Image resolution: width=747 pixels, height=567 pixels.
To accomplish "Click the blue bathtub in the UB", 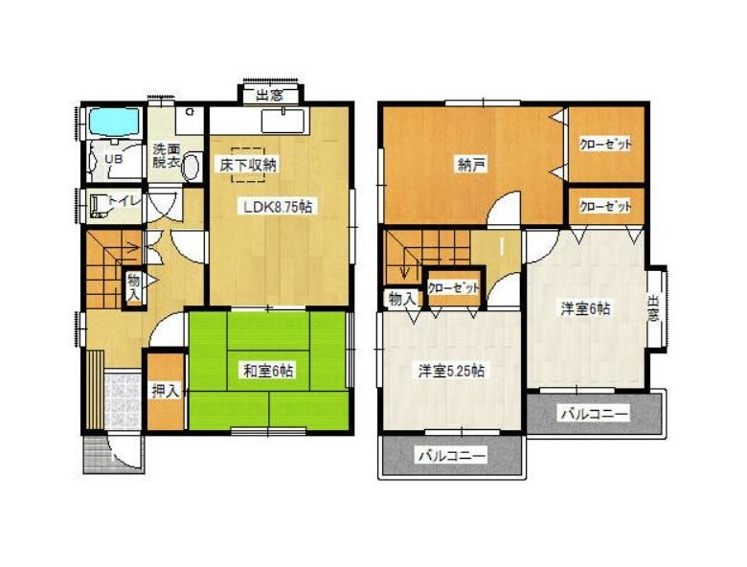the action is (x=115, y=123).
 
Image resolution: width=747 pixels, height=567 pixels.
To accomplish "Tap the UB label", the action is (x=114, y=159).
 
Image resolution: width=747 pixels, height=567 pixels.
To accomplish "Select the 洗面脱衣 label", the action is (x=167, y=155).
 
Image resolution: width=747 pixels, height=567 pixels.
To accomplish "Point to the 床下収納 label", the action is (x=248, y=165).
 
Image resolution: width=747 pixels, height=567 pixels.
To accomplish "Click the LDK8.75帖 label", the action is (x=279, y=207).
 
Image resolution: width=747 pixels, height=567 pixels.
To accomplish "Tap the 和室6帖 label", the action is (x=268, y=372).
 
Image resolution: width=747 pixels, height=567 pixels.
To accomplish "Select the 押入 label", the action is (x=166, y=392).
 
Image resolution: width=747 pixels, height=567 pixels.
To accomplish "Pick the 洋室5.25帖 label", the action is (x=452, y=372).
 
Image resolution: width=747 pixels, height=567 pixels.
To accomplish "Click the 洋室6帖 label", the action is (x=585, y=309).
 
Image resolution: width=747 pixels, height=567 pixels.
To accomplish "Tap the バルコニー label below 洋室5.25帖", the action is (x=453, y=456).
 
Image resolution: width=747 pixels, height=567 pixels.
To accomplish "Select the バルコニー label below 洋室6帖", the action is (x=594, y=413).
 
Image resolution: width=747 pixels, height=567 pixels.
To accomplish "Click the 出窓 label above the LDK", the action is (x=270, y=96).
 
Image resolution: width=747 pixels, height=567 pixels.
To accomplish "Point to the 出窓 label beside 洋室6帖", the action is (x=653, y=308).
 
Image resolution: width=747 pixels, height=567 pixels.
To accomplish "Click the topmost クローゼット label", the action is (x=605, y=145).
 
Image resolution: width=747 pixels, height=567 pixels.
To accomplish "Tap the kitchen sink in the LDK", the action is (x=283, y=120).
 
